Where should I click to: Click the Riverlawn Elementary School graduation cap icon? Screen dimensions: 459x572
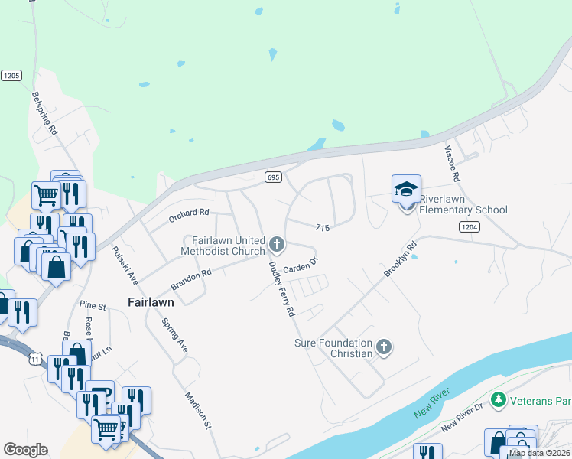(406, 188)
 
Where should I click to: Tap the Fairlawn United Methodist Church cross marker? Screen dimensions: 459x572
(277, 246)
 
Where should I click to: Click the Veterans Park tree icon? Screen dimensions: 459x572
(499, 399)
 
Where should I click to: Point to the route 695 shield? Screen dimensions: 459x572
(273, 177)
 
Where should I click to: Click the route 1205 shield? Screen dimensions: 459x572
(11, 75)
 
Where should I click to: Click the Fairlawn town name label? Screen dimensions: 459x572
(151, 302)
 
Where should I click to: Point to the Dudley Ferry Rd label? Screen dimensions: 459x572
(281, 289)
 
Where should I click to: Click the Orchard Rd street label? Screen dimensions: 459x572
(189, 216)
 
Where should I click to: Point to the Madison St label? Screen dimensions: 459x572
(197, 410)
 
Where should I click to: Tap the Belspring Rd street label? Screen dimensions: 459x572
(45, 114)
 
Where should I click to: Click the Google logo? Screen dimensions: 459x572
(25, 450)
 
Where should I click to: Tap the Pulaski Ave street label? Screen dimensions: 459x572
(123, 265)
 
